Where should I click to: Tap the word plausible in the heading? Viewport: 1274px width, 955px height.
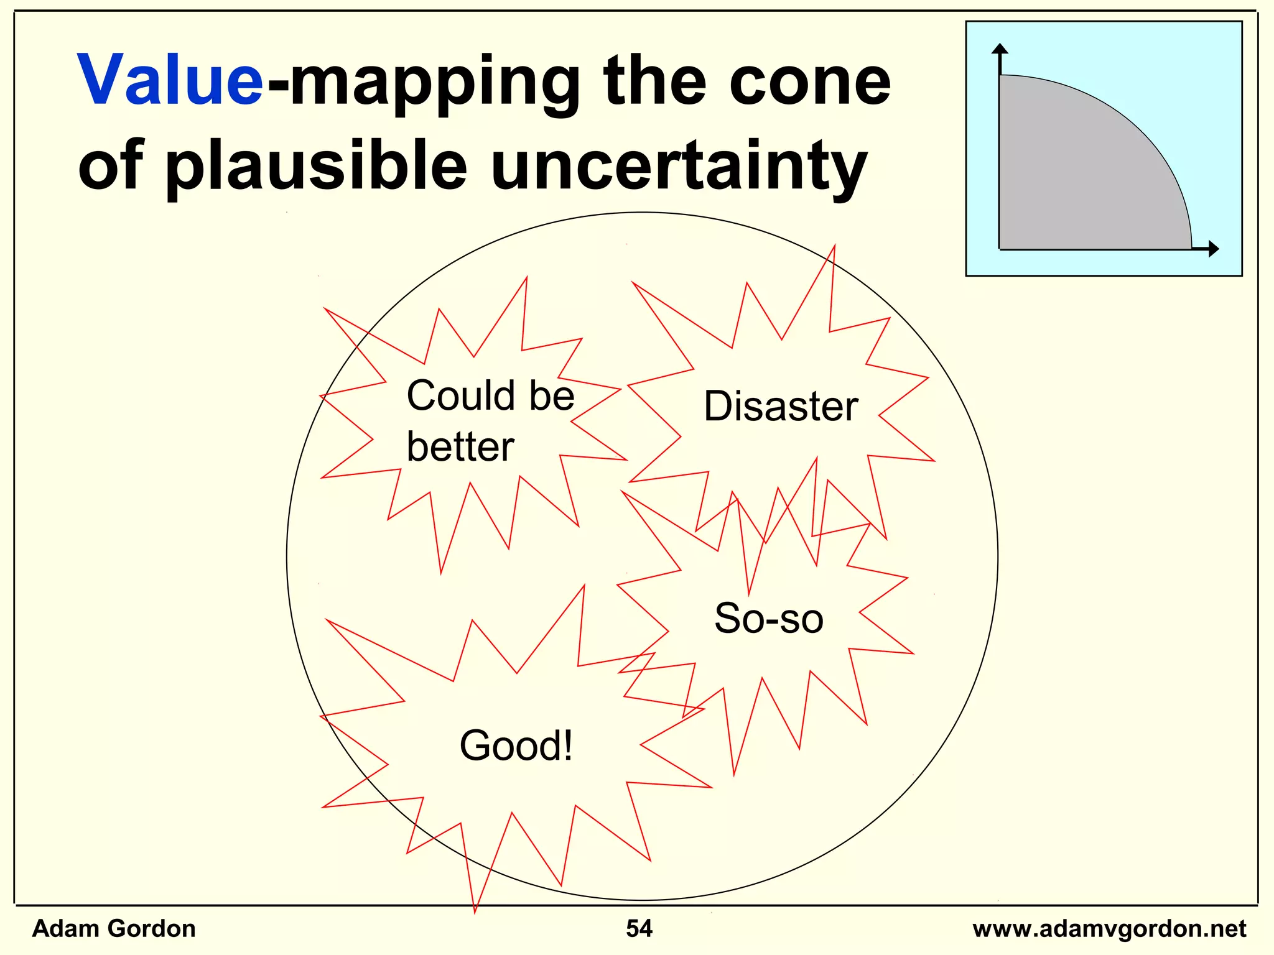pos(316,165)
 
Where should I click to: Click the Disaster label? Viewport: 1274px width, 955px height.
pos(781,407)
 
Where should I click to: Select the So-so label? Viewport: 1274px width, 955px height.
pos(769,619)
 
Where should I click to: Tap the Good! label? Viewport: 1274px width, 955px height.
pos(516,745)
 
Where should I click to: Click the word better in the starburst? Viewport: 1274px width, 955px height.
pos(460,447)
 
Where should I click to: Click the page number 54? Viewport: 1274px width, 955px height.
pos(639,928)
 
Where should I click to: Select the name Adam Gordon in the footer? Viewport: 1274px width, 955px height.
pos(114,928)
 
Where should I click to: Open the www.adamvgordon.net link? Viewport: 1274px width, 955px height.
pos(1109,929)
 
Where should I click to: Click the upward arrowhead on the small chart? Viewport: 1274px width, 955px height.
pos(1000,49)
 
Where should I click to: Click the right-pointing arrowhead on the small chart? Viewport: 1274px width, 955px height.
pos(1213,249)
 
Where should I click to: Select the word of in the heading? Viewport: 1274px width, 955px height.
pos(111,165)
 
